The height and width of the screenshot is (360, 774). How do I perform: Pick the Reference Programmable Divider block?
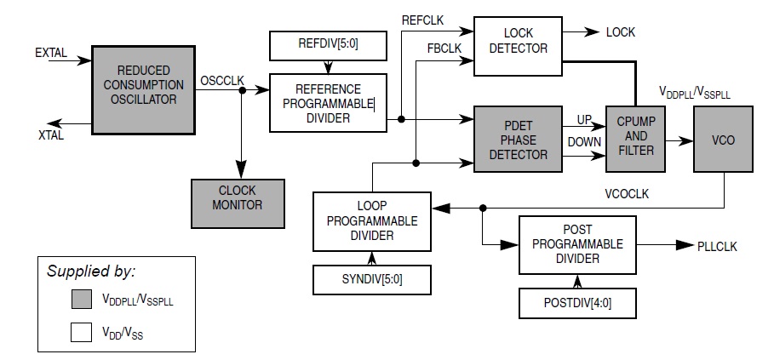328,103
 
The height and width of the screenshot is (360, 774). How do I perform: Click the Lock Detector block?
519,40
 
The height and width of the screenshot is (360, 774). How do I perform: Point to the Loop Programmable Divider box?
371,220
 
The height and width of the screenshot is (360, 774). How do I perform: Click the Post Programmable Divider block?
576,244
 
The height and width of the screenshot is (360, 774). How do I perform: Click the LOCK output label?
620,32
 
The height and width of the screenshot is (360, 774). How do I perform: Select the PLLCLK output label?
718,246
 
